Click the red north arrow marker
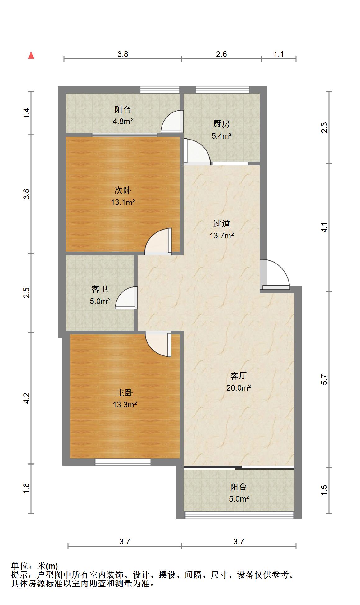point(31,55)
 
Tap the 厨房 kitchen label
point(221,124)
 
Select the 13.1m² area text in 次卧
point(123,203)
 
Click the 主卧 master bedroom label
point(124,393)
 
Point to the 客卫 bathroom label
point(100,289)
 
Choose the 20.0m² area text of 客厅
point(239,388)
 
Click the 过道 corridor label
point(221,224)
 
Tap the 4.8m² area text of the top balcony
point(123,121)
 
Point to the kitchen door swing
point(197,152)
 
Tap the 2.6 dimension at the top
point(221,54)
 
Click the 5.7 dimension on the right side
point(324,379)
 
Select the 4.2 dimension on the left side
point(26,398)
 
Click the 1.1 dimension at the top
point(279,54)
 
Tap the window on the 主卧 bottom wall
point(123,462)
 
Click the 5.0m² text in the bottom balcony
point(239,499)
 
